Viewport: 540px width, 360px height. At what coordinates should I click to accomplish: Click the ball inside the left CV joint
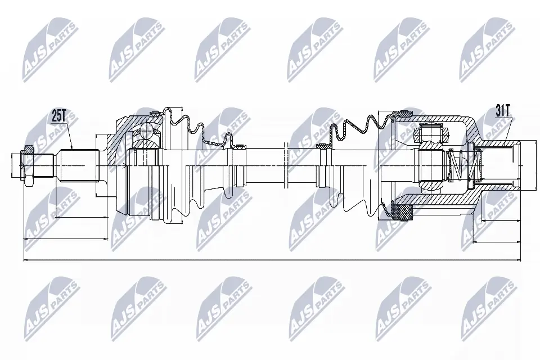click(x=147, y=132)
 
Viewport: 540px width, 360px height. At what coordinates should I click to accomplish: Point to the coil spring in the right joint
click(x=459, y=164)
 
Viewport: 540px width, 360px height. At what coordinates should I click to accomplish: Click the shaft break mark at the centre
click(x=287, y=165)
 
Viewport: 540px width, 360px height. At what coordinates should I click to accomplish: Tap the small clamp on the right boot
click(x=323, y=147)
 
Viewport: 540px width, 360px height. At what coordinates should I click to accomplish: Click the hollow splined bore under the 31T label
click(x=498, y=165)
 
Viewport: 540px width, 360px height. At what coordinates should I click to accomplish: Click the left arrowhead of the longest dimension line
click(x=26, y=260)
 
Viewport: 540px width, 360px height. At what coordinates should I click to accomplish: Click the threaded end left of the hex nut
click(x=17, y=165)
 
